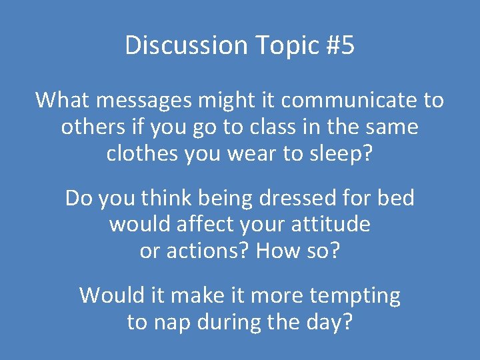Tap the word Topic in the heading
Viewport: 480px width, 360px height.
(279, 46)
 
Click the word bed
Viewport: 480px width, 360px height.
(395, 198)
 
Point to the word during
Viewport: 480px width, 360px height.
(227, 322)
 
